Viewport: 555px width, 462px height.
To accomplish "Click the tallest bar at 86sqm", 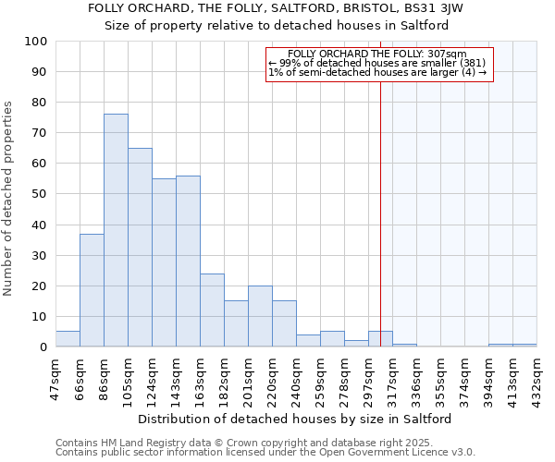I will pos(116,230).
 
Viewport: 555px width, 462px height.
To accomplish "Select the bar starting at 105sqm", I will pos(140,247).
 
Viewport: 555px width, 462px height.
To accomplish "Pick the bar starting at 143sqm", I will pos(188,261).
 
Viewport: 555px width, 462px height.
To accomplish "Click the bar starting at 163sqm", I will pos(212,310).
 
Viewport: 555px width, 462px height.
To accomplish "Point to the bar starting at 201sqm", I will pos(260,316).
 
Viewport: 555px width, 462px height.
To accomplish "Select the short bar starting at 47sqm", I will pos(68,338).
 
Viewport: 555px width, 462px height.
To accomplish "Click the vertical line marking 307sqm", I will pos(380,213).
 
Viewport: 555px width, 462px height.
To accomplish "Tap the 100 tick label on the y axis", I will pos(35,42).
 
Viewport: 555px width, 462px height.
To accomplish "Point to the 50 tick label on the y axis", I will pos(39,194).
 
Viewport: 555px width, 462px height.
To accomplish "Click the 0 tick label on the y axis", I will pos(43,346).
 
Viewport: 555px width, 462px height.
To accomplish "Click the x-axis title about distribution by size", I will pos(301,419).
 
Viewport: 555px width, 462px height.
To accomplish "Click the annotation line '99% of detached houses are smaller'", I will pos(376,64).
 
